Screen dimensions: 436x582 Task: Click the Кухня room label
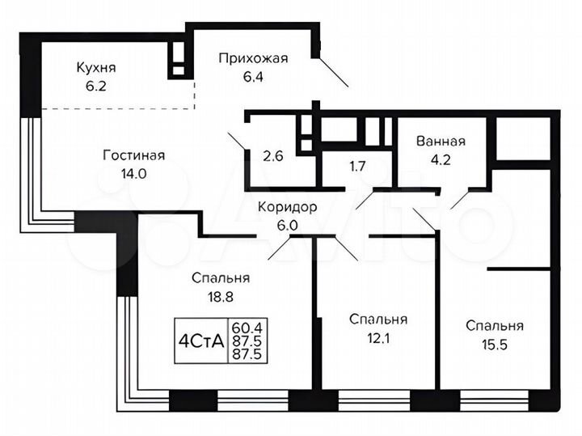[95, 67]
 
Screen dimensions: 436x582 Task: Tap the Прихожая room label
[253, 57]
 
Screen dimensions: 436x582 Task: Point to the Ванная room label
[441, 141]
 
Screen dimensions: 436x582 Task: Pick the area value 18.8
[220, 296]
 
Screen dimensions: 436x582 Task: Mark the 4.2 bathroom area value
[441, 159]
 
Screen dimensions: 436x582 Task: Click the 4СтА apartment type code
[200, 341]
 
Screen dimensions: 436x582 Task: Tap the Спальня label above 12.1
[377, 320]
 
